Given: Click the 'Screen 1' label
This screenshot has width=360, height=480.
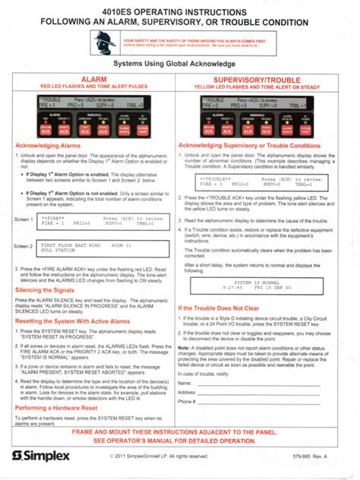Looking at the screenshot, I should coord(24,219).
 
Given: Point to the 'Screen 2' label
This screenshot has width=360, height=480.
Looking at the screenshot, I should coord(24,247).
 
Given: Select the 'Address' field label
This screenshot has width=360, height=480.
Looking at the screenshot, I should coord(188,393).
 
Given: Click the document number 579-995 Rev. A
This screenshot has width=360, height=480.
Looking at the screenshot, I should coord(319,456).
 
